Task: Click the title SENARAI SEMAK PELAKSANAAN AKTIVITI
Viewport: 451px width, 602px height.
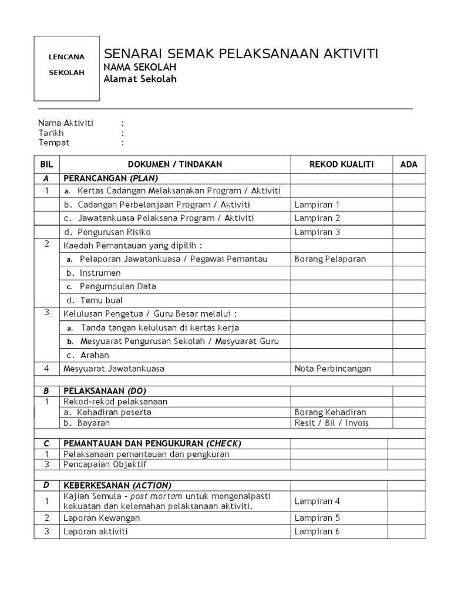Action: (241, 54)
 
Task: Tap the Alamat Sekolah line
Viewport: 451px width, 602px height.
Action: (140, 80)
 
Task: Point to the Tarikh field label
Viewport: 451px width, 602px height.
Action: (51, 133)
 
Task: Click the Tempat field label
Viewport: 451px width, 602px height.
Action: (53, 143)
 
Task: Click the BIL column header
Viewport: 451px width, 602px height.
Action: (46, 165)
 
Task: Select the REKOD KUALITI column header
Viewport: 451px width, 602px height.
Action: (341, 165)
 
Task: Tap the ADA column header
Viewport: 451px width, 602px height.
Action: (409, 165)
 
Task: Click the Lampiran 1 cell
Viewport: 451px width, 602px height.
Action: (317, 205)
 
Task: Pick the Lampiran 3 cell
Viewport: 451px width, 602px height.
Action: (317, 232)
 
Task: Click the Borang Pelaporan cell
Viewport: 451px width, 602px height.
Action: (330, 259)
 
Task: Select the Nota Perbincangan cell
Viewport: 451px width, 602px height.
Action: (332, 369)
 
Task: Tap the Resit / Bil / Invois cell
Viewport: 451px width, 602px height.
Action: (332, 423)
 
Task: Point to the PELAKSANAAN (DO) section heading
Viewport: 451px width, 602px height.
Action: (105, 391)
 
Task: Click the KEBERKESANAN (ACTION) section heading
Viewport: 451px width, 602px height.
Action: (117, 485)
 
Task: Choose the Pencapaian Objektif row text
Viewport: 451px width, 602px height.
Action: (105, 464)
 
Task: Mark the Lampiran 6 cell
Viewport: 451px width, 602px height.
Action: (317, 531)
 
